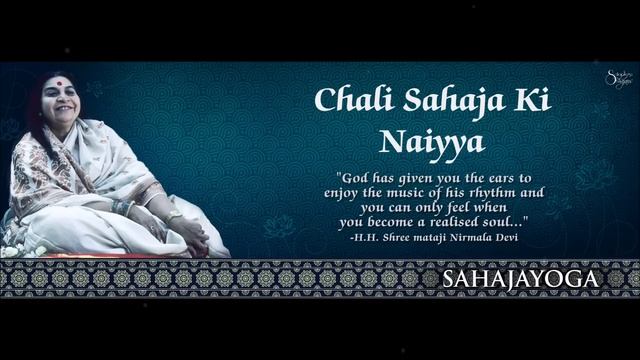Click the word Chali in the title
coord(346,101)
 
